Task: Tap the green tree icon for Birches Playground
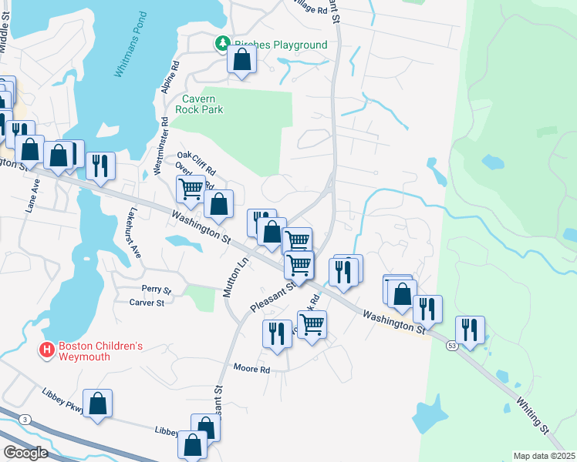click(x=223, y=44)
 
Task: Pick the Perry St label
click(x=155, y=290)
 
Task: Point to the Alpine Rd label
click(x=170, y=77)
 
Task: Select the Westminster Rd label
click(x=161, y=146)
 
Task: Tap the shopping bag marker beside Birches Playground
click(x=241, y=59)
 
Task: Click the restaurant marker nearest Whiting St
click(x=470, y=329)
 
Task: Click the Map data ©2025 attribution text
click(x=544, y=456)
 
